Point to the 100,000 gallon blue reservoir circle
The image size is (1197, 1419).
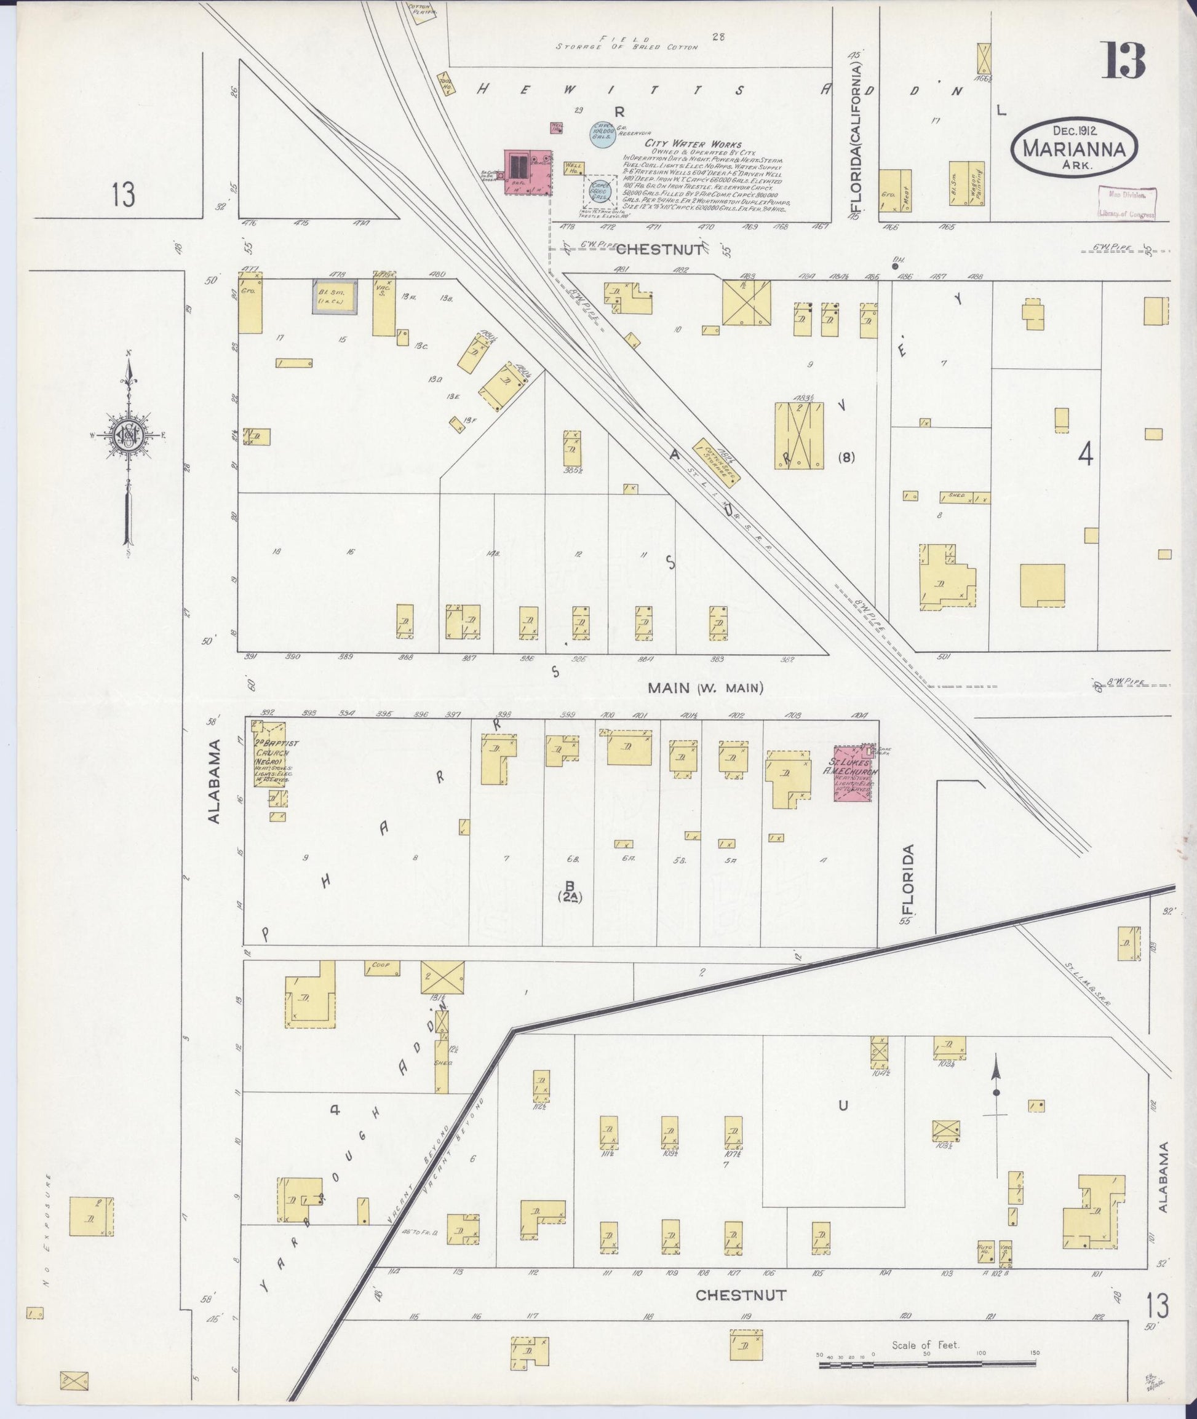602,132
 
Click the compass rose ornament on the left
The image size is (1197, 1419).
127,434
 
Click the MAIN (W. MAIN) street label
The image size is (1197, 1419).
705,688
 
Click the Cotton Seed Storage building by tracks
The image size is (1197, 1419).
716,462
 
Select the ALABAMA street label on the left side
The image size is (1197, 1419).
215,782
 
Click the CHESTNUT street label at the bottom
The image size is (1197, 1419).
741,1295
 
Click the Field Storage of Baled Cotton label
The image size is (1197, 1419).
626,43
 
